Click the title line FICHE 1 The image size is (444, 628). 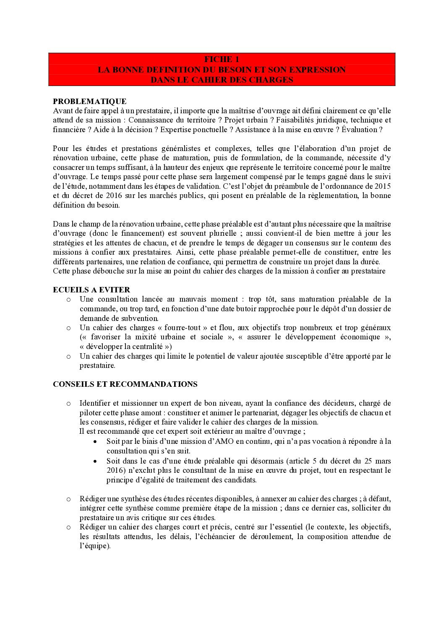[222, 59]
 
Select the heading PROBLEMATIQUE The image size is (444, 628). [89, 101]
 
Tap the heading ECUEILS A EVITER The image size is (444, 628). [91, 290]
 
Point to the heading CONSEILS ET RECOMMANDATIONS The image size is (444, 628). [125, 384]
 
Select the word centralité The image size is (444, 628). [146, 347]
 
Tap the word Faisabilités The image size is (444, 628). [292, 120]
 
